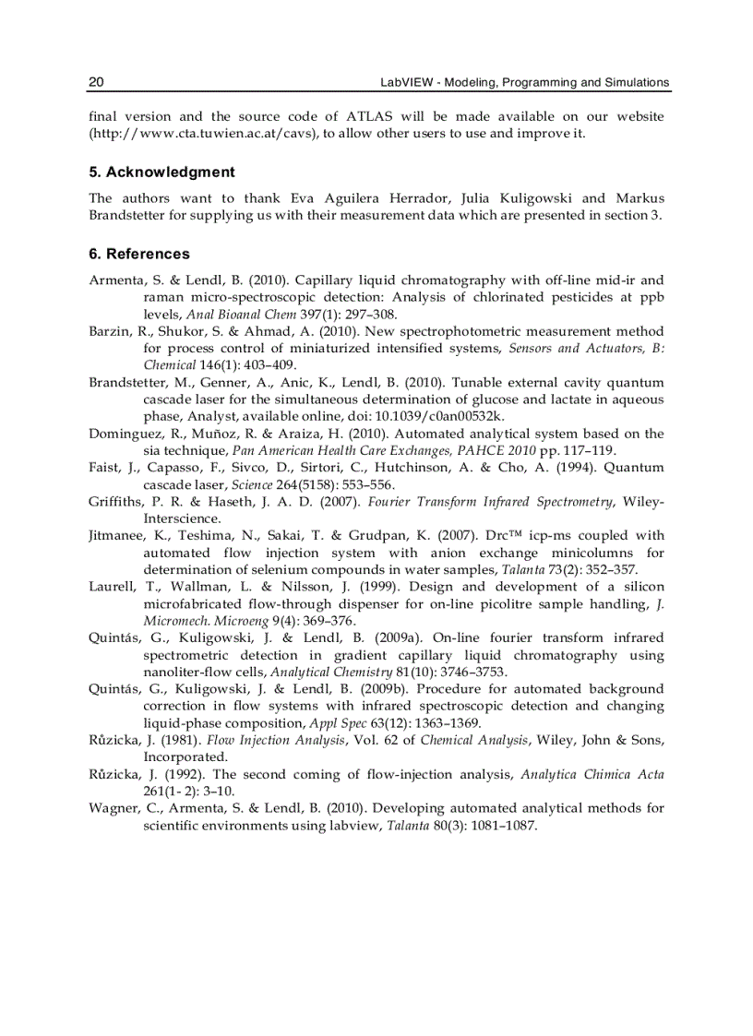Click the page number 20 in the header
click(96, 83)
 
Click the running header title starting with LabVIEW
click(524, 83)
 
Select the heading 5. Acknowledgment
click(161, 173)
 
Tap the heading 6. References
click(139, 255)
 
